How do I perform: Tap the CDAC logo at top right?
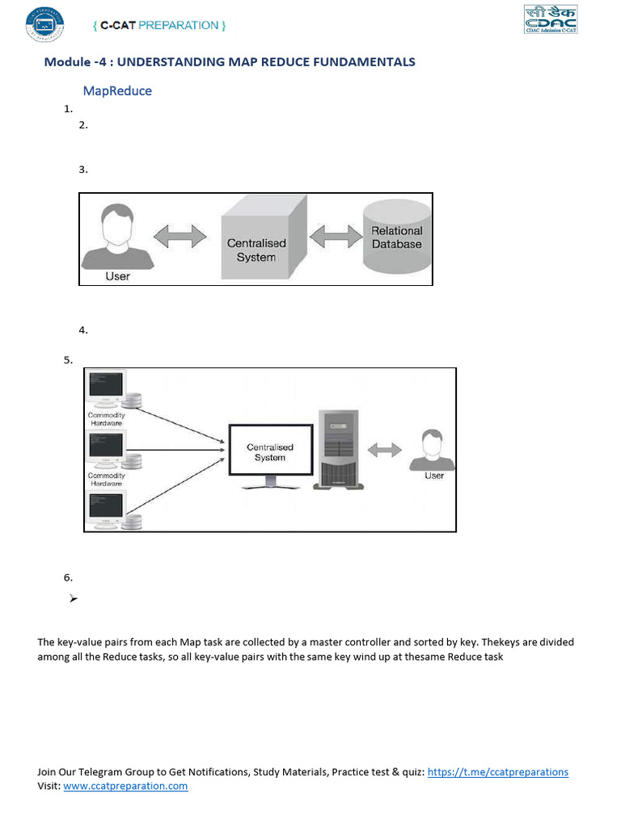click(x=551, y=19)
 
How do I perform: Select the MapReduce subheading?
click(x=117, y=91)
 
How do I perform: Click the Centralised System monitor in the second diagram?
click(x=269, y=453)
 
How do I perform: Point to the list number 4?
click(x=82, y=330)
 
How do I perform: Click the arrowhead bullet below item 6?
click(x=73, y=598)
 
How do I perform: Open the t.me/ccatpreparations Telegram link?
click(x=497, y=772)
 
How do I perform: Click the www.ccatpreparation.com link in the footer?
click(x=125, y=786)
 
